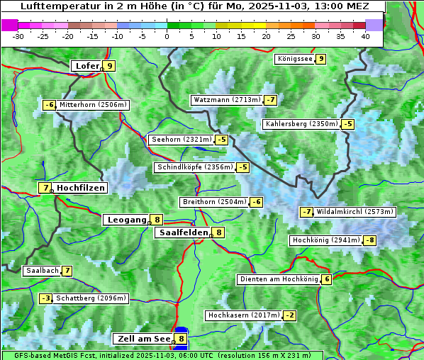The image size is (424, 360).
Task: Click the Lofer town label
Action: click(x=87, y=66)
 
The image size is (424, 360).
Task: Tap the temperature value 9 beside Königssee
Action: click(x=321, y=59)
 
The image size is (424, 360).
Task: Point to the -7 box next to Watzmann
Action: click(x=271, y=100)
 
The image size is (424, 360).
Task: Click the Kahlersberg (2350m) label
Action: click(x=301, y=124)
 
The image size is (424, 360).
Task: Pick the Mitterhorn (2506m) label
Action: click(x=93, y=105)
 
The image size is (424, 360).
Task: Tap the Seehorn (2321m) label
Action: click(x=182, y=140)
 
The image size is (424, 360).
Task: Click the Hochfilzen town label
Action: click(x=81, y=188)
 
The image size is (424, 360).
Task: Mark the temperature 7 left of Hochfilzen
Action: click(x=45, y=188)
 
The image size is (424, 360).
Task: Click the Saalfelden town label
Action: click(x=183, y=232)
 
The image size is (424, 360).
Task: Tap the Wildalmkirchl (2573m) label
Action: click(x=355, y=211)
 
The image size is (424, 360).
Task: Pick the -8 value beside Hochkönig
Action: click(x=370, y=240)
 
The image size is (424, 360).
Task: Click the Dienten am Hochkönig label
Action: click(x=279, y=279)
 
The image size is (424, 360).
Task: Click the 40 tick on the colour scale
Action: click(x=365, y=35)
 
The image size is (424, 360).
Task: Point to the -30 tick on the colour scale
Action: click(x=18, y=35)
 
